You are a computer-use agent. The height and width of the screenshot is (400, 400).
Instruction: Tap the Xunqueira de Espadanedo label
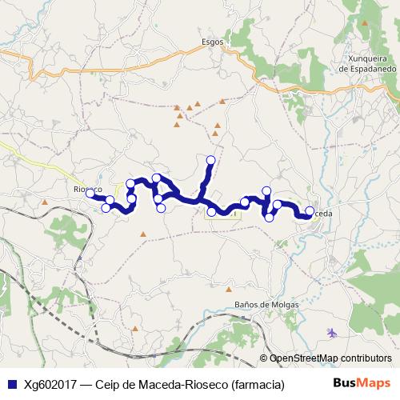pyautogui.click(x=367, y=64)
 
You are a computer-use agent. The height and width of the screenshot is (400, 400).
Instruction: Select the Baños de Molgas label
pyautogui.click(x=266, y=305)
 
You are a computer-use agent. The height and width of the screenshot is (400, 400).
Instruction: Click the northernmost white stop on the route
pyautogui.click(x=211, y=160)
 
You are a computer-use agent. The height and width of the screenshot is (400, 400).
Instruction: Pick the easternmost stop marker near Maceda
pyautogui.click(x=310, y=211)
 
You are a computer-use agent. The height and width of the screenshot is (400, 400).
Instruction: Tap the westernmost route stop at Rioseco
pyautogui.click(x=90, y=193)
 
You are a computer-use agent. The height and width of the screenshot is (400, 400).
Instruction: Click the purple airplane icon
pyautogui.click(x=332, y=332)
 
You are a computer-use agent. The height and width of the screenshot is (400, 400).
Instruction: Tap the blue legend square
pyautogui.click(x=11, y=384)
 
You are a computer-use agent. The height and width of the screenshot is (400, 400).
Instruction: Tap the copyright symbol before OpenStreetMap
pyautogui.click(x=262, y=358)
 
